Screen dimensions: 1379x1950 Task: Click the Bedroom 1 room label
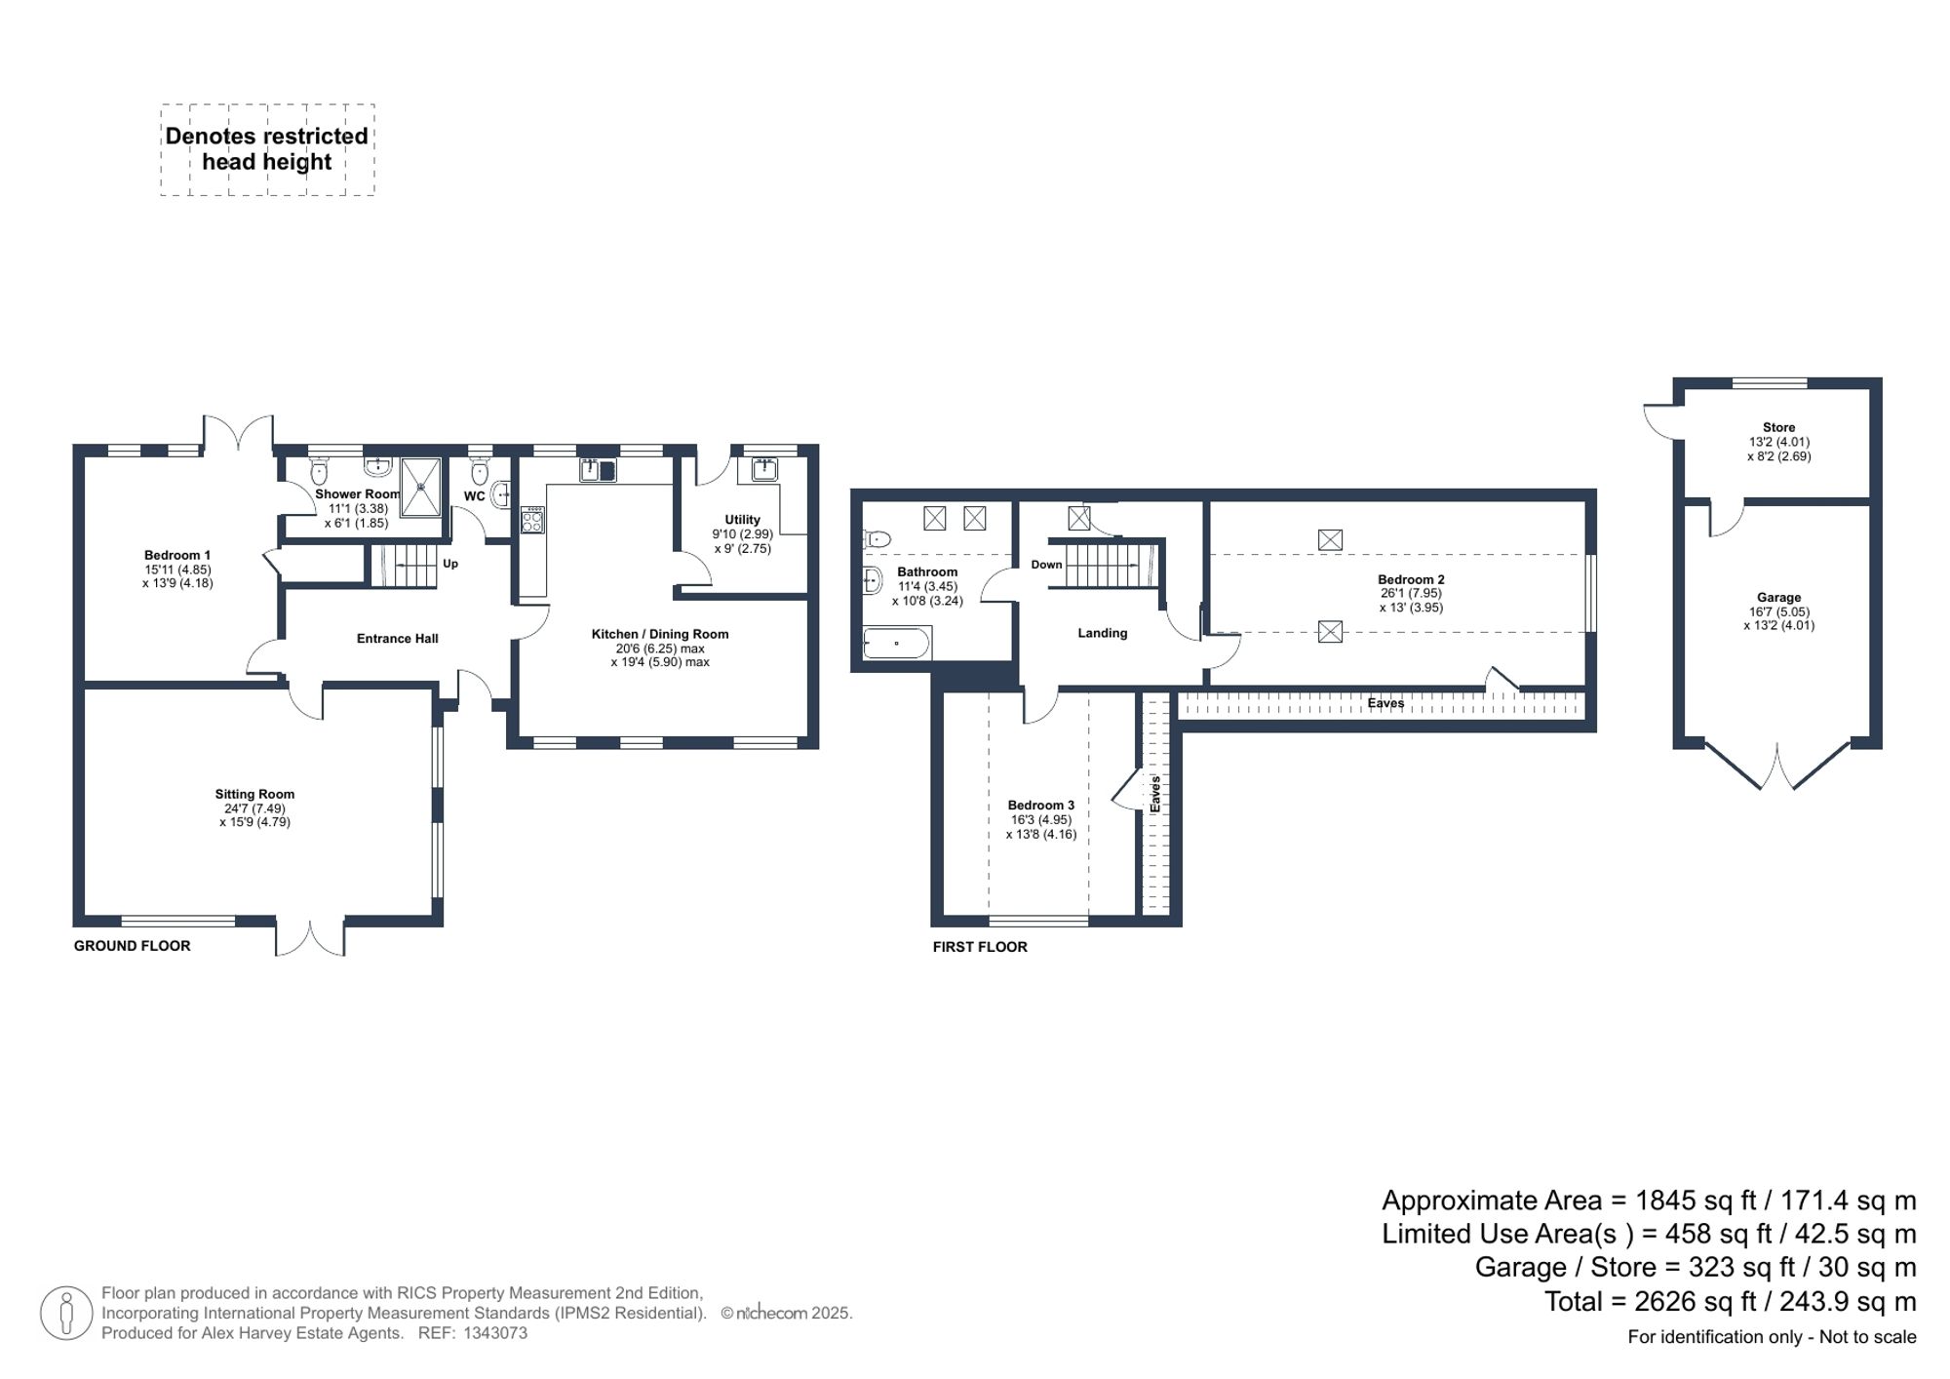[x=177, y=555]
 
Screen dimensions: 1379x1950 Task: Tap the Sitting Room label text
[x=254, y=794]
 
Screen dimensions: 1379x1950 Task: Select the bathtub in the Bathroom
[x=896, y=643]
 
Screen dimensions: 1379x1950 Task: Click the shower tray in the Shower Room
[x=421, y=487]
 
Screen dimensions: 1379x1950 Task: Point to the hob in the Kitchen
[x=532, y=520]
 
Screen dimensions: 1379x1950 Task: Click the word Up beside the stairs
[x=450, y=564]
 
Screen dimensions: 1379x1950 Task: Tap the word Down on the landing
[x=1046, y=565]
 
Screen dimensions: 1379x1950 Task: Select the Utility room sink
[x=764, y=470]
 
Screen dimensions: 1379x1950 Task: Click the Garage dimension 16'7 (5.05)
[x=1778, y=611]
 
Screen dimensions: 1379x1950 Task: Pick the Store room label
[x=1778, y=427]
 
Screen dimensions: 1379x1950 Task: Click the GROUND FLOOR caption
[x=132, y=945]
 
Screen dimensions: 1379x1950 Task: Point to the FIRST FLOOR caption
[x=979, y=946]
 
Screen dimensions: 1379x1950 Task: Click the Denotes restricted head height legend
[x=266, y=149]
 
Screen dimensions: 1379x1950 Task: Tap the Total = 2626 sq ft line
[x=1730, y=1301]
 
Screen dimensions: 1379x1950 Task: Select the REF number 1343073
[x=495, y=1333]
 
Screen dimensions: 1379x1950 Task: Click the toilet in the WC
[x=479, y=473]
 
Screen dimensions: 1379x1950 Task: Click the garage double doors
[x=1776, y=766]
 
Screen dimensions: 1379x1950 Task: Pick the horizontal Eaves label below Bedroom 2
[x=1384, y=703]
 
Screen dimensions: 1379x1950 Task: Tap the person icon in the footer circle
[x=66, y=1312]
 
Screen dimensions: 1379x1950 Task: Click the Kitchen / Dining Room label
[x=659, y=634]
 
